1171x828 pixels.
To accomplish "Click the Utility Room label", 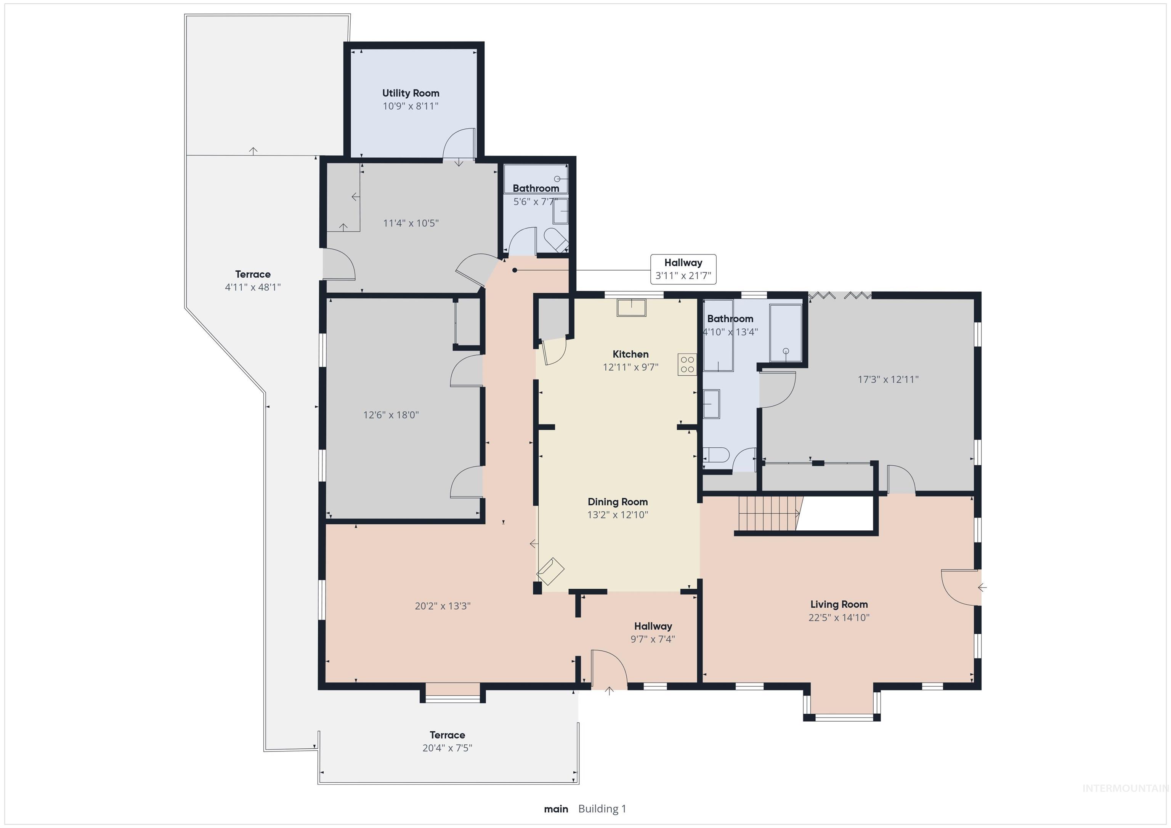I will [411, 93].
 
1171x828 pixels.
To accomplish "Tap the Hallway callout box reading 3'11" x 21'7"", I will [683, 269].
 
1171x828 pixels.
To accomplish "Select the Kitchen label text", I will [630, 354].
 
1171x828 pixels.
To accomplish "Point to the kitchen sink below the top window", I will [631, 308].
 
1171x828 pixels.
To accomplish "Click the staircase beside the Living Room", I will [768, 514].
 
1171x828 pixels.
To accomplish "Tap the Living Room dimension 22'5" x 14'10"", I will [839, 617].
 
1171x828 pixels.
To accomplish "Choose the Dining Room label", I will [618, 502].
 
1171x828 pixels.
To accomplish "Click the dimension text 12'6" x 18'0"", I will [391, 415].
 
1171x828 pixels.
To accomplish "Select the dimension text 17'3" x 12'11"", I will [888, 380].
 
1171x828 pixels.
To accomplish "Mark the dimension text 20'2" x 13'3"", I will [442, 606].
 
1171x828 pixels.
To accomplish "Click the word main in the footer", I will [556, 809].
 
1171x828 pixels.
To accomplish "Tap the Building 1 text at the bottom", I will [602, 809].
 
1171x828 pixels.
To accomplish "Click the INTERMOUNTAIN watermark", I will [1124, 789].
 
